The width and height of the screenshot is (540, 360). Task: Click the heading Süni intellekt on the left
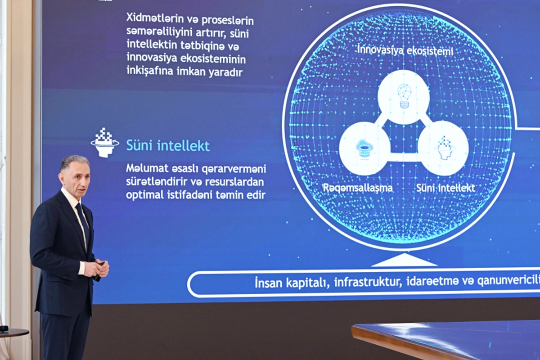167,145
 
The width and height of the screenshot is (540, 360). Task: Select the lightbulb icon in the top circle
404,96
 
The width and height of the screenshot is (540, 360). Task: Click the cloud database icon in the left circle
364,148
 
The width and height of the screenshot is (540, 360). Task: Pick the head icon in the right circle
444,148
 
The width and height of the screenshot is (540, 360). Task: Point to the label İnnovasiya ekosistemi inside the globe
405,50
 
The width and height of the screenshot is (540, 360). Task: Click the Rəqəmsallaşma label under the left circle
357,188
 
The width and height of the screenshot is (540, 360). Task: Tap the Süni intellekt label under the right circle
445,188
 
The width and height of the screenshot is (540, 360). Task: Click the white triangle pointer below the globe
404,261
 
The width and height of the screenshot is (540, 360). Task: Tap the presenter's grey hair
75,160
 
